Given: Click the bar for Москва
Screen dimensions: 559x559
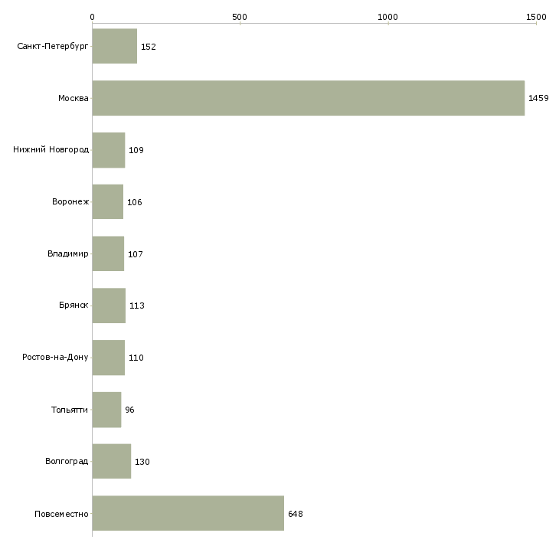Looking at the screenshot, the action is click(309, 98).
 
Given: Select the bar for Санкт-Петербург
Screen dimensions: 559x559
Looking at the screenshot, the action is click(115, 46).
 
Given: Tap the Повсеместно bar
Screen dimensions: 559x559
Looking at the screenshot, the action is click(188, 513).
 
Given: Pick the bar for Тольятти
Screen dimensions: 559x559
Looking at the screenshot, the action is click(107, 410).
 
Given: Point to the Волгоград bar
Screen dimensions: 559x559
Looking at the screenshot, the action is click(112, 461).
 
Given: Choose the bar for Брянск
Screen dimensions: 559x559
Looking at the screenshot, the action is click(109, 306).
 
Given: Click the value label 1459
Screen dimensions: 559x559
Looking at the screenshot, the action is click(538, 98).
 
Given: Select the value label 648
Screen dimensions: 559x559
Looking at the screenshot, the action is click(295, 514).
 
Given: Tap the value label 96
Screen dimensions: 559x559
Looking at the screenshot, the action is click(129, 410).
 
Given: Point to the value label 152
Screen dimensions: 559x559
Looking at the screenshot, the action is click(149, 47).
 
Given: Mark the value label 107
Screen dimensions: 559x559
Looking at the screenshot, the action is click(136, 254).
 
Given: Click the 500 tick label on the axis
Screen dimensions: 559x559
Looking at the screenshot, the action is click(239, 17).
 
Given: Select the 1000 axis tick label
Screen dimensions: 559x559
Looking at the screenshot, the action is click(387, 17).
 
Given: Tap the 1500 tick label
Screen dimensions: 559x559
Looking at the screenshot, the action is click(536, 17).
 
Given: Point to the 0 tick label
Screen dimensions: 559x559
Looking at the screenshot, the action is click(93, 17).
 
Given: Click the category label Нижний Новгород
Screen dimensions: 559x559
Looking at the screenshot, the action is click(51, 150).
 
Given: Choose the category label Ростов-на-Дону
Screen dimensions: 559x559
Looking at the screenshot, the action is click(55, 357).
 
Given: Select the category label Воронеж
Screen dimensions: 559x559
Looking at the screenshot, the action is click(70, 201).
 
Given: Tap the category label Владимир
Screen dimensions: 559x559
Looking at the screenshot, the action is click(68, 253).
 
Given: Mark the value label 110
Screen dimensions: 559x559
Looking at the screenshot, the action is click(136, 358).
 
